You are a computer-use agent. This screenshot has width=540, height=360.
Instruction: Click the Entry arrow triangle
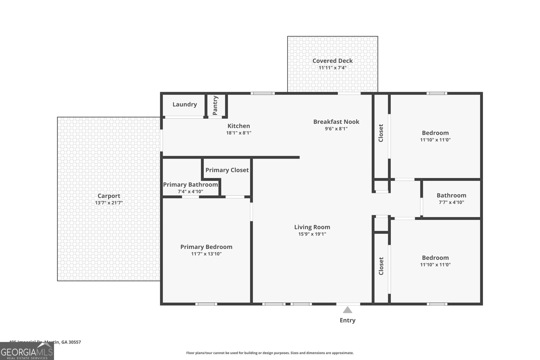(x=348, y=310)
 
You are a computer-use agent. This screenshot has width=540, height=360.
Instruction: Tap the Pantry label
(x=215, y=105)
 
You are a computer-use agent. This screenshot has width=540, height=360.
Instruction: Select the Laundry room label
(x=185, y=104)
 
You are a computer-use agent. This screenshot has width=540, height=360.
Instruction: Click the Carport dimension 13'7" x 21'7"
(x=109, y=203)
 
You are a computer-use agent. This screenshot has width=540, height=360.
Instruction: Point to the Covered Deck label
(x=332, y=61)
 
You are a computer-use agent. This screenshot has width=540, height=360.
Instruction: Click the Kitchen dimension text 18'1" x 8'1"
(x=239, y=133)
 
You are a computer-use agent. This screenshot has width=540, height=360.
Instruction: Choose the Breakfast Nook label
(x=336, y=121)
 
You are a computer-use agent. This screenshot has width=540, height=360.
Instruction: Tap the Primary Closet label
(x=227, y=170)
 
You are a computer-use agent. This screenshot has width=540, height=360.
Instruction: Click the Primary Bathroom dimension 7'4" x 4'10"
(x=190, y=192)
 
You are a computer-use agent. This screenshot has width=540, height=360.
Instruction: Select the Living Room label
(x=312, y=227)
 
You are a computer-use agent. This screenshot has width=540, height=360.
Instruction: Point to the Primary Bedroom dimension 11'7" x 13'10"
(x=206, y=254)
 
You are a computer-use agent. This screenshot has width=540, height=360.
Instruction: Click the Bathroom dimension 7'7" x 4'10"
(x=451, y=202)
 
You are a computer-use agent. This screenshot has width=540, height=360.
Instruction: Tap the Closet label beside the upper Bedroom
(x=381, y=133)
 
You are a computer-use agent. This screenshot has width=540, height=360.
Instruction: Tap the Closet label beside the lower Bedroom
(x=381, y=266)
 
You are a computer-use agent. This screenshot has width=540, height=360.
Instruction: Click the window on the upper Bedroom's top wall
(x=437, y=93)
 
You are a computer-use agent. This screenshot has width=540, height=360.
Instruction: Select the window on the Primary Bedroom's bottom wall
(x=206, y=304)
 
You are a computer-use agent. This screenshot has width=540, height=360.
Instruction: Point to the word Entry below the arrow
(x=347, y=320)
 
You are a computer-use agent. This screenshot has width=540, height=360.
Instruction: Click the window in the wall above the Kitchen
(x=262, y=93)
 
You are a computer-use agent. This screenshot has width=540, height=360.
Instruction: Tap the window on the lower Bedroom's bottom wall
(x=437, y=304)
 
